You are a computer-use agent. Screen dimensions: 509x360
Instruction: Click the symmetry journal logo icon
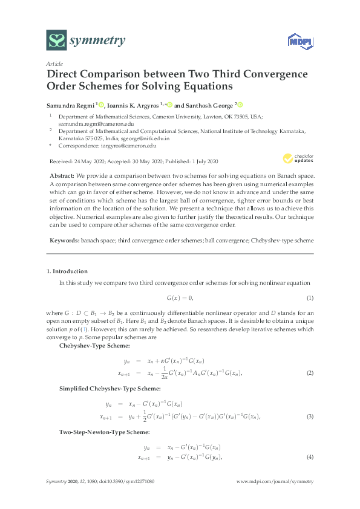(57, 41)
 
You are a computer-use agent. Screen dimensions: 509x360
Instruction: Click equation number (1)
(309, 299)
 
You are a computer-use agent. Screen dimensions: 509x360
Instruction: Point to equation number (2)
(309, 375)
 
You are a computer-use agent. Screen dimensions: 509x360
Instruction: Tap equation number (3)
(309, 417)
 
